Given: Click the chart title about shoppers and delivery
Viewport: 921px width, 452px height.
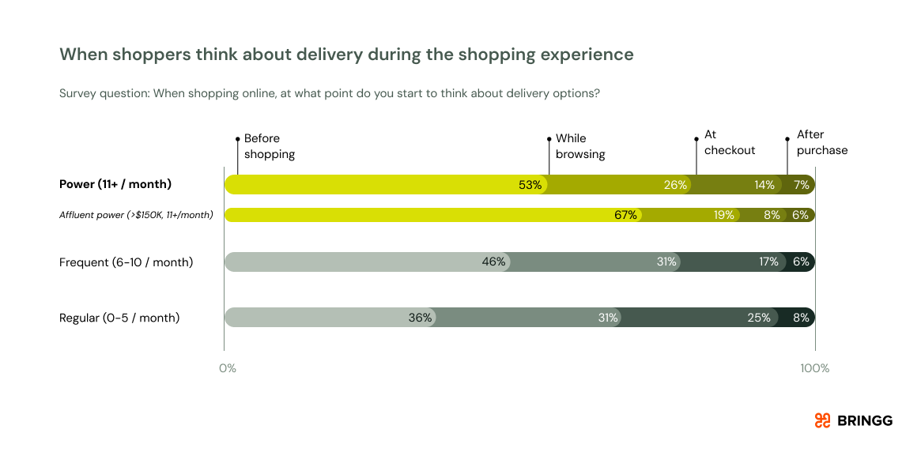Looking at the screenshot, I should [x=346, y=55].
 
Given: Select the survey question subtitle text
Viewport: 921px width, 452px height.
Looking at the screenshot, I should [x=329, y=93].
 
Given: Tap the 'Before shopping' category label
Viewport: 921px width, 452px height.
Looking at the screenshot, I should [x=270, y=146].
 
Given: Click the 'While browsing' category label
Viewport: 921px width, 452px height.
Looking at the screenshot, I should [x=580, y=146].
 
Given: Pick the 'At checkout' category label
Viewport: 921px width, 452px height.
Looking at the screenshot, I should [x=729, y=142].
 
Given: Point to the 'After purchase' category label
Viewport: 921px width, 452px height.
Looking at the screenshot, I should [x=821, y=142].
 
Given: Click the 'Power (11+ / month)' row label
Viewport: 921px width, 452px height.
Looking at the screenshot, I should [x=115, y=184].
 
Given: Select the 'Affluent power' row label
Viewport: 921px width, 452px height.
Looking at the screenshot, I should [x=136, y=214].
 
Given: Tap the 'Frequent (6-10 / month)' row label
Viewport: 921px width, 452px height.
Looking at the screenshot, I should [x=126, y=262].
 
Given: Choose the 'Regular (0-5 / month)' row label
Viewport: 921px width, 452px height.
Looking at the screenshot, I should [x=119, y=318].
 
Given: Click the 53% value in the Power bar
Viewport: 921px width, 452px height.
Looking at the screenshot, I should [x=530, y=185].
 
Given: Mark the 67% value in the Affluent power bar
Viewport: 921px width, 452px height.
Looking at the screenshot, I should [x=625, y=215].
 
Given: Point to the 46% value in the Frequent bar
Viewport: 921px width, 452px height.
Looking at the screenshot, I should [x=493, y=262].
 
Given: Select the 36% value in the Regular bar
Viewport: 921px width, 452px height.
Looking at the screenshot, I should [x=420, y=318].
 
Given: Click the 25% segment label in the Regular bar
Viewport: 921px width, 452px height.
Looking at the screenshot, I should [x=758, y=318].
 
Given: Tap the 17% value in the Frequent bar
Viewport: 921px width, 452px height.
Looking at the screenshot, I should [x=768, y=262].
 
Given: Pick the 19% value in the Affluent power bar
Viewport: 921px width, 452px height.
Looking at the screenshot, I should [x=723, y=215].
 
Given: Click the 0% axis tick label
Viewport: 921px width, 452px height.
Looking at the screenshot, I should [x=227, y=368].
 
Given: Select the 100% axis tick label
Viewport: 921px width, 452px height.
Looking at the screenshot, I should [x=814, y=368].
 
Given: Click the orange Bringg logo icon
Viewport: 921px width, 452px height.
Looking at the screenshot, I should [x=822, y=420].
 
